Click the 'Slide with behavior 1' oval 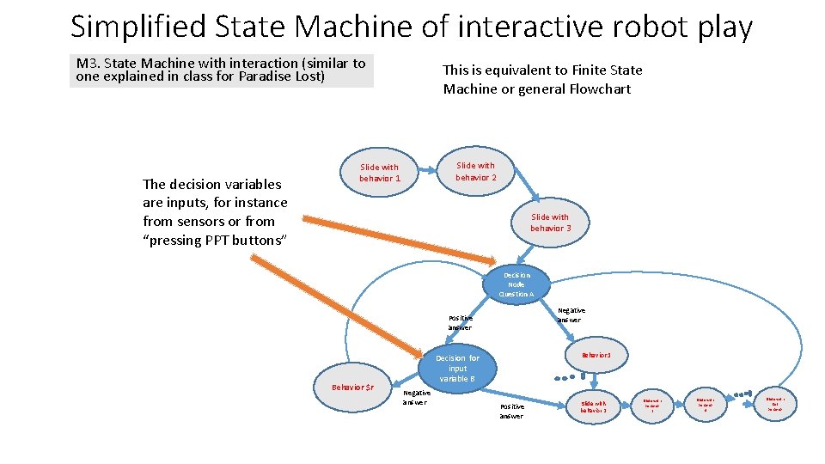tap(380, 173)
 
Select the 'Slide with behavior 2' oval tap(475, 171)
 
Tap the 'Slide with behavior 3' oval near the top tap(550, 223)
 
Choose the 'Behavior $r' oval tap(352, 387)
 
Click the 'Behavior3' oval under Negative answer tap(596, 355)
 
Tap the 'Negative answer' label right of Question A tap(571, 315)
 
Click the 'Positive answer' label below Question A tap(460, 322)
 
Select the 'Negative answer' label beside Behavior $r tap(416, 398)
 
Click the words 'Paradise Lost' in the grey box tap(284, 76)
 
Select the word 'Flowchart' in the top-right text tap(599, 89)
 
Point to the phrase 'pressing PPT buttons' tap(214, 240)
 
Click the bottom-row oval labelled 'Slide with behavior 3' tap(593, 406)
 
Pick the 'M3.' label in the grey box tap(88, 64)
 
